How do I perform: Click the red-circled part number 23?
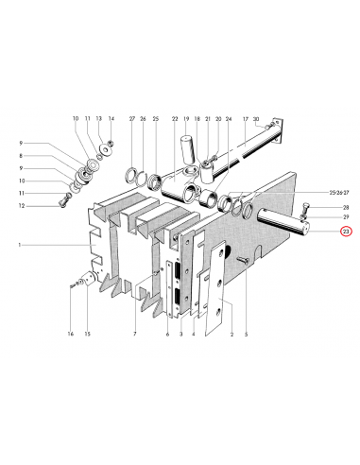[346, 231]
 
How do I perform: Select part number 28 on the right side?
[346, 207]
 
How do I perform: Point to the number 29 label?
[346, 218]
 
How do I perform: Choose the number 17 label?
[244, 119]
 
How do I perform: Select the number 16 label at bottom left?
[70, 335]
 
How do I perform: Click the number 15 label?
[87, 335]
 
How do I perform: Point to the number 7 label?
[135, 335]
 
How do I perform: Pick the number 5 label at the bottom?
[246, 335]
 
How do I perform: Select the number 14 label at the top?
[111, 119]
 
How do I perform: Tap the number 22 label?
[175, 119]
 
